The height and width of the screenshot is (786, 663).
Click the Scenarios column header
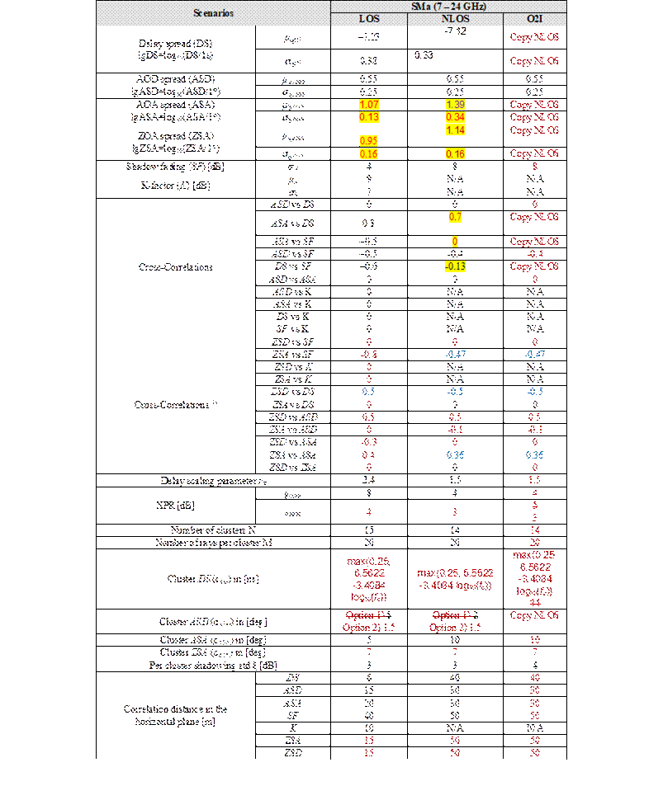213,13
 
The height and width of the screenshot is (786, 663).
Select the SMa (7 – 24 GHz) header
448,7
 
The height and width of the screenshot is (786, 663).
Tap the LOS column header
369,19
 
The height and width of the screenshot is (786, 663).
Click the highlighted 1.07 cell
369,105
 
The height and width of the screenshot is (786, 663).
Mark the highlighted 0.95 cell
369,140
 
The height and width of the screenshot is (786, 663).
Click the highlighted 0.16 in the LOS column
369,153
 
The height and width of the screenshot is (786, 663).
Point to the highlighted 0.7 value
455,217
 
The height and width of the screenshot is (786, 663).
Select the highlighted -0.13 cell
455,266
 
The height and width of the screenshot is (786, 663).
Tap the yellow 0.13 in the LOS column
369,117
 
